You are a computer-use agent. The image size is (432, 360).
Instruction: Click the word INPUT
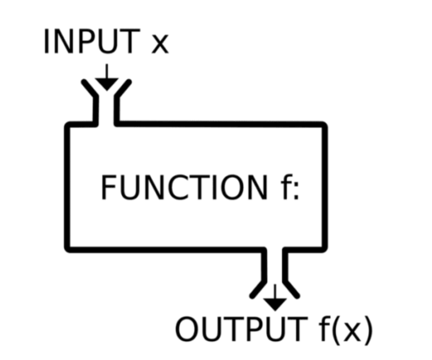[x=91, y=42]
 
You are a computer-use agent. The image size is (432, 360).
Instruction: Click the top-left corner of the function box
[x=68, y=125]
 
